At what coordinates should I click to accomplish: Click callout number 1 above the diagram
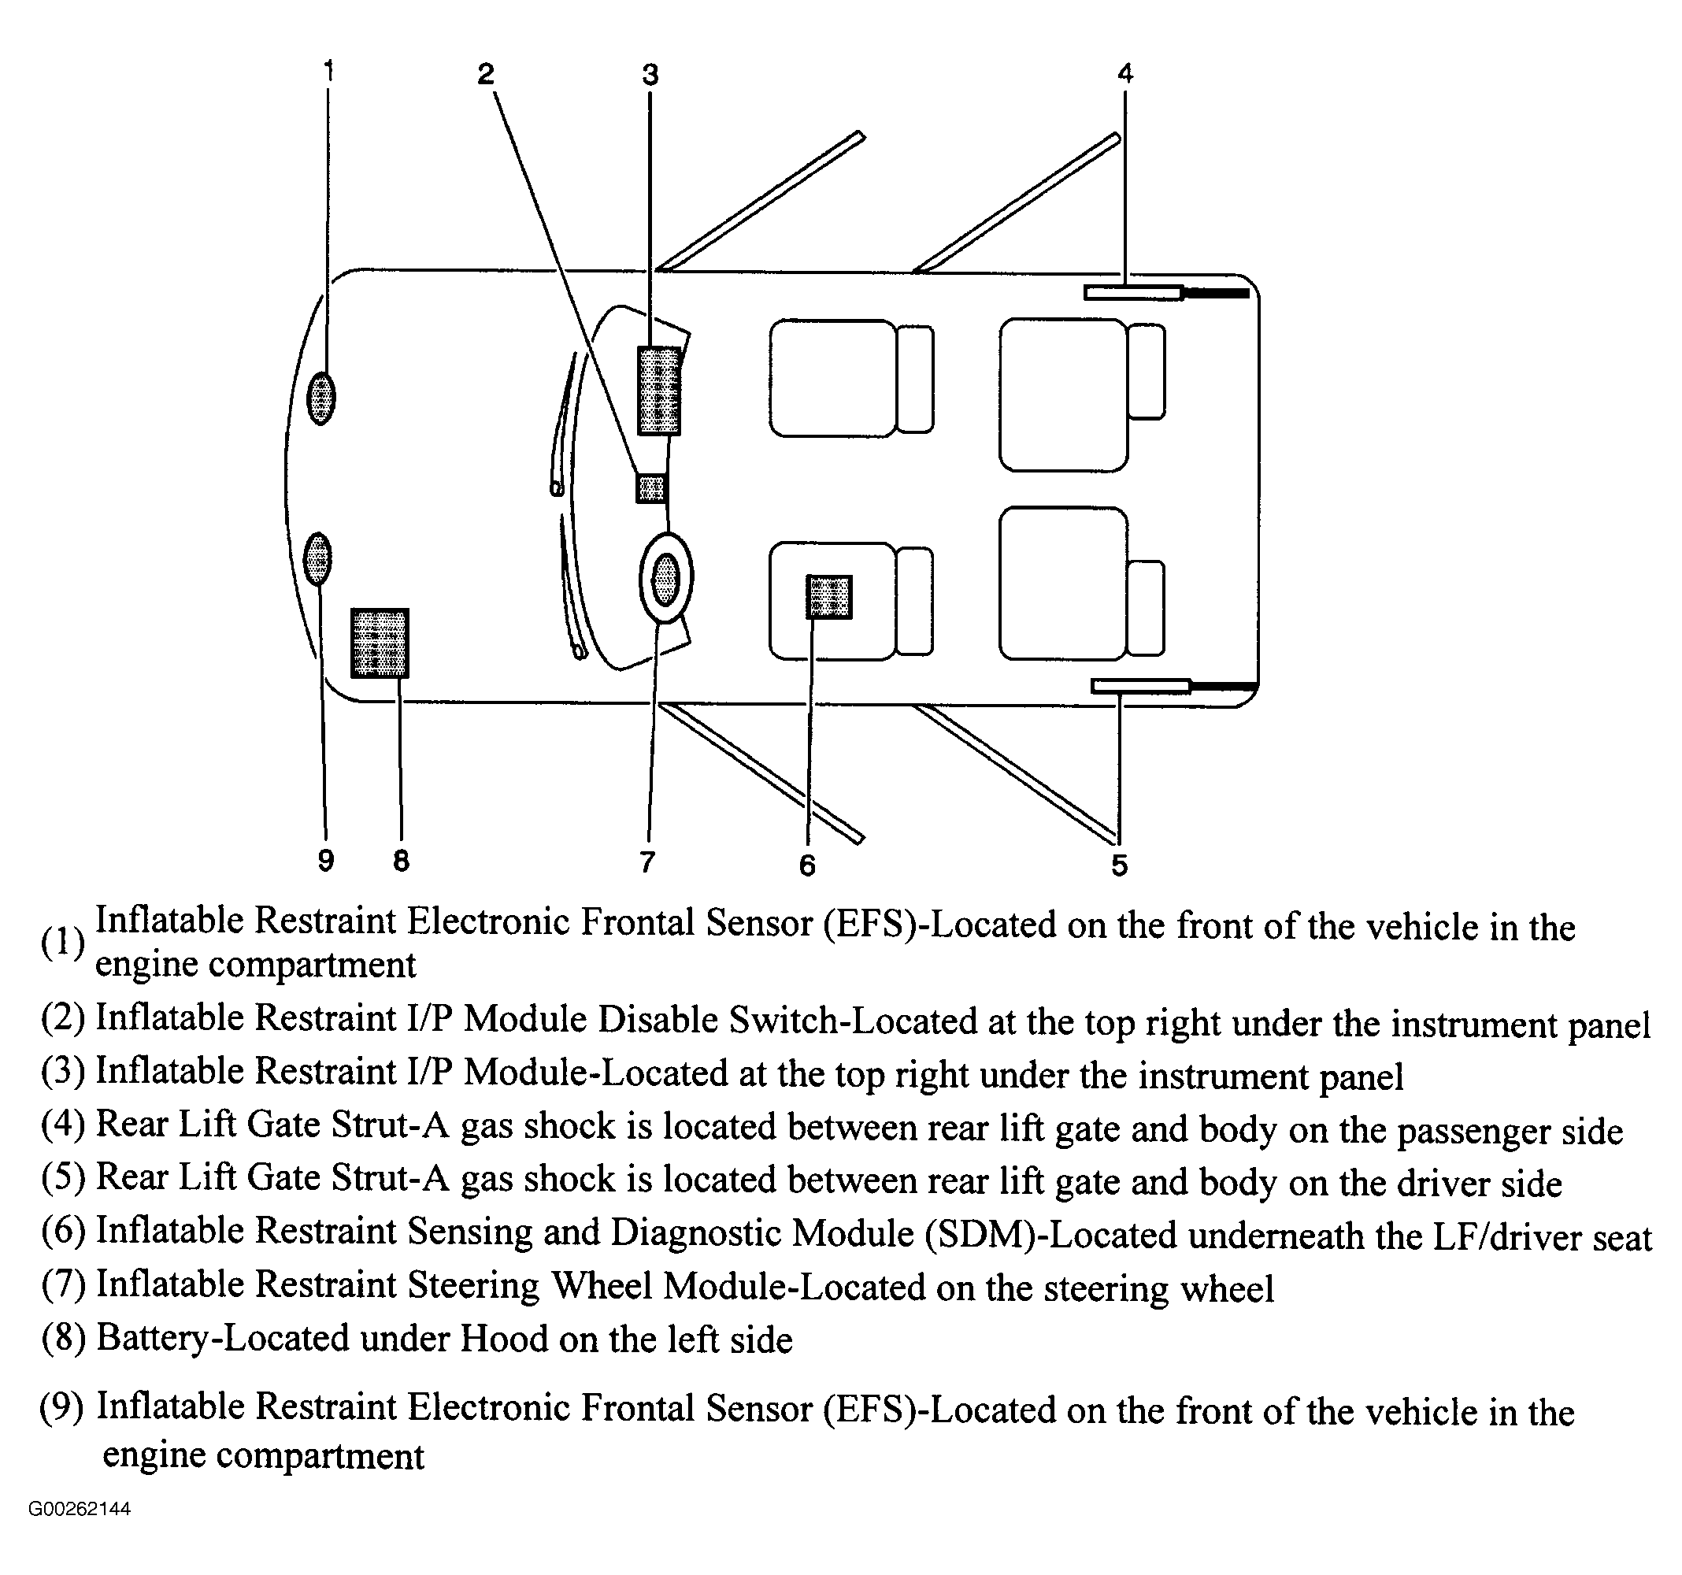(x=328, y=70)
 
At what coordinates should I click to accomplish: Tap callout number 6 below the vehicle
(x=807, y=865)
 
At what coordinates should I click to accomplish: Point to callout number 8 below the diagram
(x=401, y=861)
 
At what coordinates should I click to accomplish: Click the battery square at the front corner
(x=380, y=643)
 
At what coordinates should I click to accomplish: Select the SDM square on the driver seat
(x=829, y=598)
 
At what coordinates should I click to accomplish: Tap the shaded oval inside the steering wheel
(x=666, y=579)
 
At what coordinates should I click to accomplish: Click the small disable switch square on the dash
(x=651, y=488)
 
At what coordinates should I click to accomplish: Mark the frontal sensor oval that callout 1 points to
(x=320, y=398)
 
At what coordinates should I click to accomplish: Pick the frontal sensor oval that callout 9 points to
(x=317, y=558)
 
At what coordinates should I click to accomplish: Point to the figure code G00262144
(x=80, y=1509)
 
